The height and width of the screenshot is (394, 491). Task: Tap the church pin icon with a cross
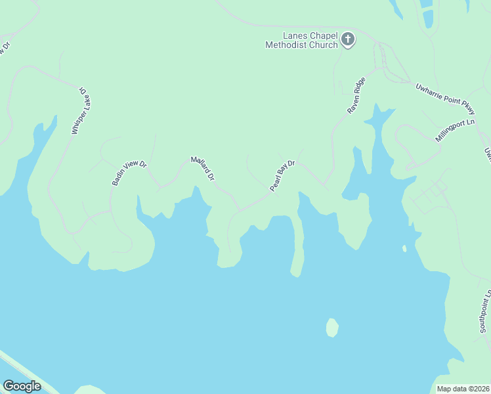(348, 40)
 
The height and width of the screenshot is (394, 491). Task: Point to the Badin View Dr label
(129, 172)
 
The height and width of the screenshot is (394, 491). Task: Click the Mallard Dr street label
(202, 168)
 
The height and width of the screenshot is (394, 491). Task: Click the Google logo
(22, 385)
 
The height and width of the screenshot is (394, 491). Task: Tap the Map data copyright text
(462, 389)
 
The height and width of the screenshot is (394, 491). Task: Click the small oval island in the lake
(332, 327)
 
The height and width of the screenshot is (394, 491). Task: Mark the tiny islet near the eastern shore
(404, 249)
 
